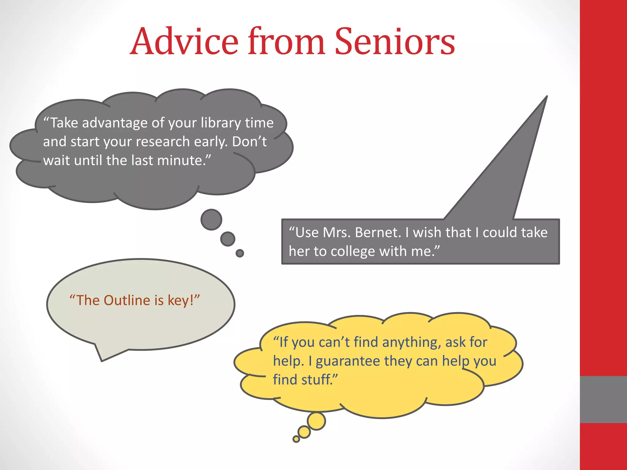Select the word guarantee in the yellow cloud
[347, 361]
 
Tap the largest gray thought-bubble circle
[211, 219]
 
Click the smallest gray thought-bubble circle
[240, 253]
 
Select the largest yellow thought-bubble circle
[316, 421]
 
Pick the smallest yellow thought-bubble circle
[296, 439]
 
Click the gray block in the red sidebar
[603, 399]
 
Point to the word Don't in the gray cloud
[249, 142]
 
